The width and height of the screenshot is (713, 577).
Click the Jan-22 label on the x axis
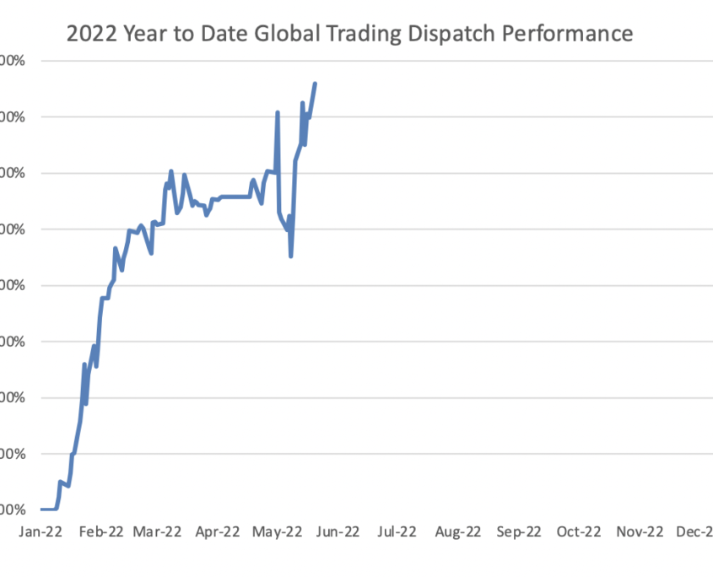pyautogui.click(x=40, y=531)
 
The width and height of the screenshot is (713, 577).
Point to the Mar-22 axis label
pyautogui.click(x=158, y=531)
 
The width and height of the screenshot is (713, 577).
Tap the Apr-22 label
pyautogui.click(x=218, y=531)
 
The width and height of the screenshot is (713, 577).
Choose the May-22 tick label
pyautogui.click(x=278, y=531)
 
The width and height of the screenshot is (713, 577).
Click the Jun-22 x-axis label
pyautogui.click(x=338, y=531)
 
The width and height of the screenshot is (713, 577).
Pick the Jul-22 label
pyautogui.click(x=397, y=531)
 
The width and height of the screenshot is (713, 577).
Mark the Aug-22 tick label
pyautogui.click(x=458, y=531)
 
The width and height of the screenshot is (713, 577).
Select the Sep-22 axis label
pyautogui.click(x=519, y=531)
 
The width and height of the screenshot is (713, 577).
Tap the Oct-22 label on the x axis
pyautogui.click(x=579, y=531)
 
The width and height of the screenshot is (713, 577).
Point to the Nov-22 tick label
pyautogui.click(x=640, y=531)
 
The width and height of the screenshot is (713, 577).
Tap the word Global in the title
pyautogui.click(x=271, y=35)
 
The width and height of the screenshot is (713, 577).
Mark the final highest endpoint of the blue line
pyautogui.click(x=315, y=84)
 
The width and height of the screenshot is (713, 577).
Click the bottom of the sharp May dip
pyautogui.click(x=290, y=256)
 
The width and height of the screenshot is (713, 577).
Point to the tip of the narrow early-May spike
pyautogui.click(x=277, y=112)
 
